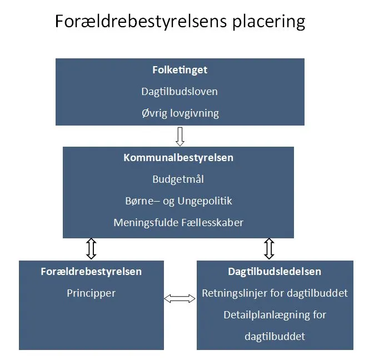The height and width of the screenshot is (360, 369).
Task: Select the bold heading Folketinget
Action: pos(179,71)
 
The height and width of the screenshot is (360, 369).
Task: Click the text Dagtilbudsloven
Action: pos(179,92)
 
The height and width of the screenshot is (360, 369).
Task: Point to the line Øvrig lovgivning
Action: pos(179,113)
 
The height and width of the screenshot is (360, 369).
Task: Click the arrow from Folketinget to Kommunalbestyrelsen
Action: pos(179,136)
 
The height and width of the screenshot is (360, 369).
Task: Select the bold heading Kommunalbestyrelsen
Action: pos(178,158)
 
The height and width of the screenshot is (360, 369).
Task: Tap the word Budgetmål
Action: pos(178,179)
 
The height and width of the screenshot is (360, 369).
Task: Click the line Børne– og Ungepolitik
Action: pos(178,201)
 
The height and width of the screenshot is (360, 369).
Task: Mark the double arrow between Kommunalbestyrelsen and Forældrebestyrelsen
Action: pos(92,249)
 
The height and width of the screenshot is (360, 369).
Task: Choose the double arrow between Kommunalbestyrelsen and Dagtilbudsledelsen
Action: pos(269,249)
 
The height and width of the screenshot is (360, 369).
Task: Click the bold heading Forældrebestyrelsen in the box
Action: pos(91,272)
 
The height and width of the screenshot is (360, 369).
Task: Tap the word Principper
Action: pos(91,293)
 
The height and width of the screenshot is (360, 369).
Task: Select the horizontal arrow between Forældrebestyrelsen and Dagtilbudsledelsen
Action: pos(180,298)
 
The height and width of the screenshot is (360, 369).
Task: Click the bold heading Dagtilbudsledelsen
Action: pos(275,272)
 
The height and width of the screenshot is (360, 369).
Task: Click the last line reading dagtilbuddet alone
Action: pos(275,336)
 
